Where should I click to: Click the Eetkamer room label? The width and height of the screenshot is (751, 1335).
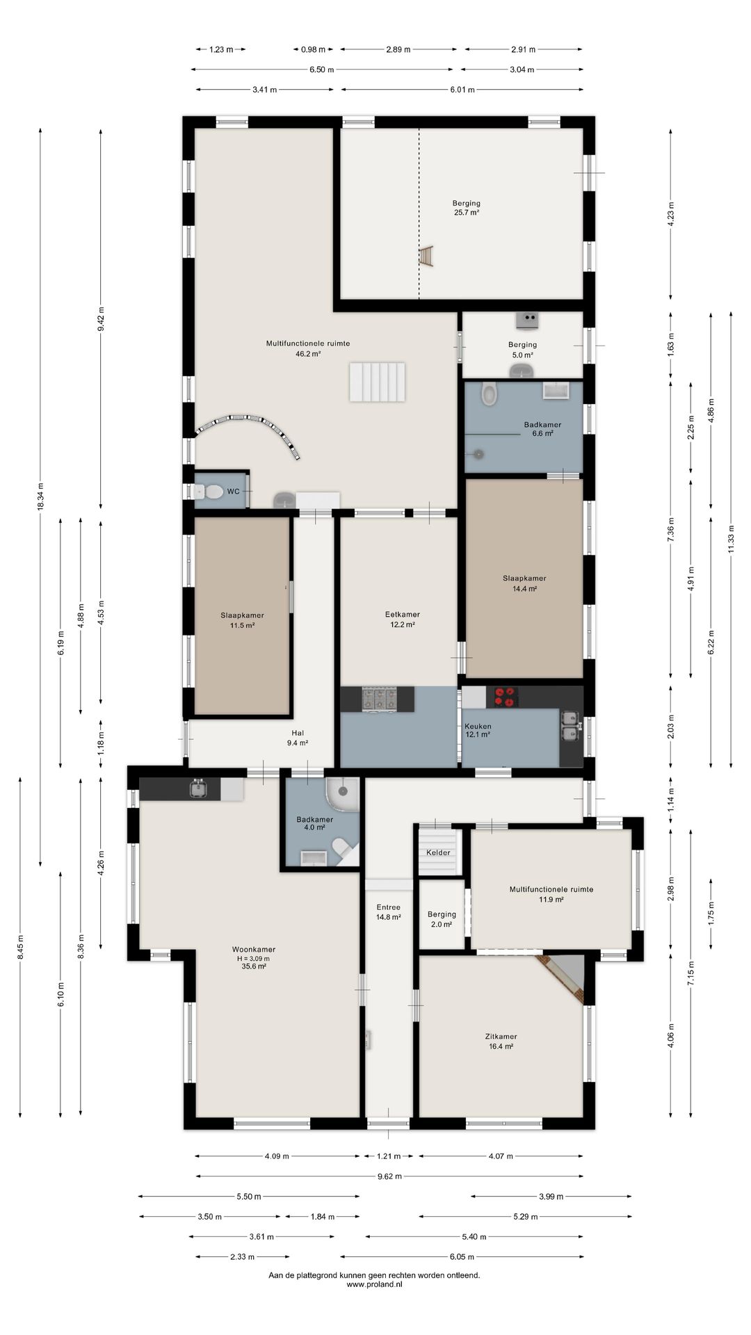coord(402,615)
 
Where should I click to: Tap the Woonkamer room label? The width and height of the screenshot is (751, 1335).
coord(254,949)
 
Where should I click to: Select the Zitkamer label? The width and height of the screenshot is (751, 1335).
coord(501,1037)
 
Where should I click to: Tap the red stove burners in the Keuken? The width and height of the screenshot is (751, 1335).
coord(506,697)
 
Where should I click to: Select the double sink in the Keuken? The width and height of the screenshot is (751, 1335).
coord(570,726)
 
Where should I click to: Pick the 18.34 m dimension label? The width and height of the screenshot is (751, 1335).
coord(40,496)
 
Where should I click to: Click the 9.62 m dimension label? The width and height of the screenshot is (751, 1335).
coord(389,1176)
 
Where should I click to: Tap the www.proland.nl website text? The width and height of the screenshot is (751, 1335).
coord(374,1284)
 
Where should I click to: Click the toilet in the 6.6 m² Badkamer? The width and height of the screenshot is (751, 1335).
coord(490,394)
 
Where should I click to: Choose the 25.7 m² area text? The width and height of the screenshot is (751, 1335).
coord(467,213)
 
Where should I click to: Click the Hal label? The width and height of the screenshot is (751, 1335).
coord(298,733)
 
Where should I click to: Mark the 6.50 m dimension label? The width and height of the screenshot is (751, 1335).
coord(321,70)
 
